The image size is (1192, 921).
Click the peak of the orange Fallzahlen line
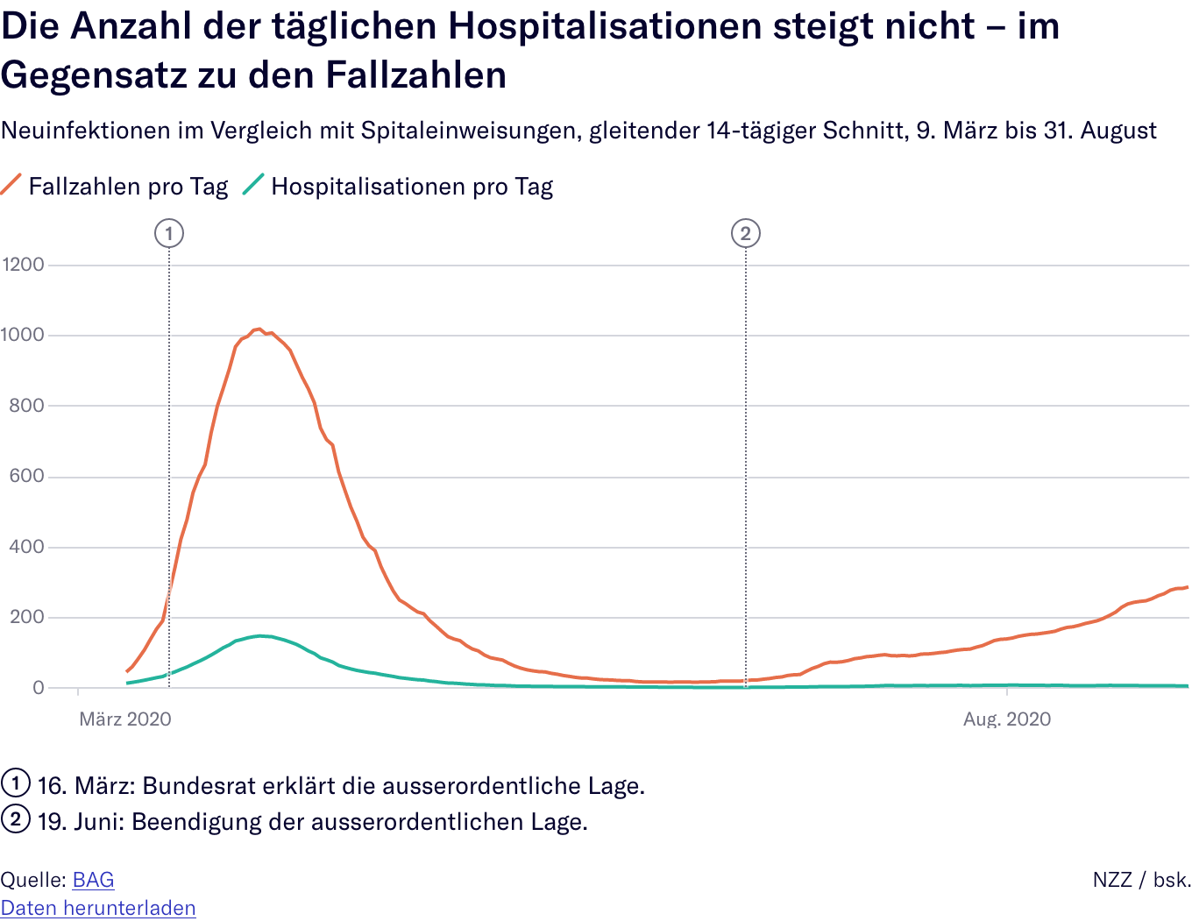(258, 329)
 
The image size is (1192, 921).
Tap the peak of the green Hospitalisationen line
(260, 636)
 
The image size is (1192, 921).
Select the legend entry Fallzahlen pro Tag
(128, 187)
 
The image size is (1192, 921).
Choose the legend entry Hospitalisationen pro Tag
(412, 187)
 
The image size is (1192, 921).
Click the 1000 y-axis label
(23, 335)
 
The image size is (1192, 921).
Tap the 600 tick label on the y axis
(26, 476)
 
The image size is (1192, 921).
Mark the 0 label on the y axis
(38, 688)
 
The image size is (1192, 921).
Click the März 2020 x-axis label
(125, 719)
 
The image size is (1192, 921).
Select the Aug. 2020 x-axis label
(1007, 719)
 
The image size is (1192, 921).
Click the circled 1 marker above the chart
(169, 234)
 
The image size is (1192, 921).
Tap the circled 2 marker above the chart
(746, 234)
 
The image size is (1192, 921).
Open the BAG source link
(93, 880)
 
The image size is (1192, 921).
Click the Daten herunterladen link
(98, 908)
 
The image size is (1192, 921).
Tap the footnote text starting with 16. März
(341, 785)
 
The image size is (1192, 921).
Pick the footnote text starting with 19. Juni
(312, 822)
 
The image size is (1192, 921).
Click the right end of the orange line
(1187, 587)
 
